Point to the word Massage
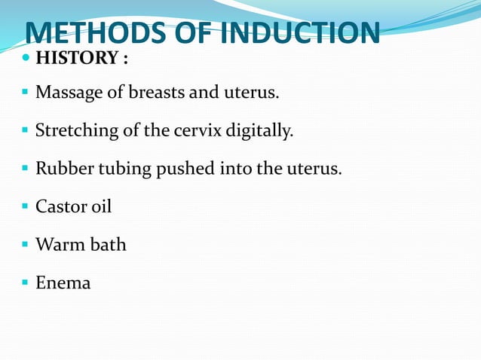(x=68, y=93)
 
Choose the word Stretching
(x=77, y=131)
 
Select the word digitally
(x=259, y=131)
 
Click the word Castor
(x=60, y=206)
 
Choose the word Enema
(x=63, y=282)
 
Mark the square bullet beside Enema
(x=26, y=283)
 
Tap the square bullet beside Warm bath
(x=26, y=245)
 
